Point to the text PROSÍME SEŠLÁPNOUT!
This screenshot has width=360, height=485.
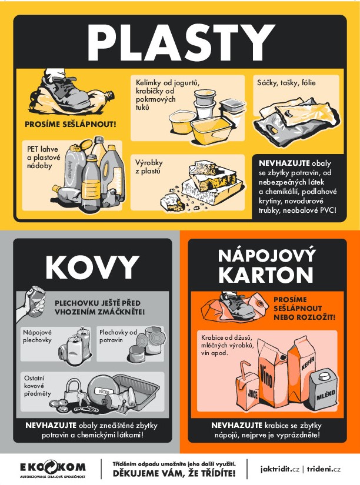pos(70,124)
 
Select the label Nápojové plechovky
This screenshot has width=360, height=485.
pos(38,336)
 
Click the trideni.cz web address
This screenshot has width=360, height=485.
pos(324,469)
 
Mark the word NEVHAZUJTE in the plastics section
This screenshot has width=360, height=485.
pos(279,162)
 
